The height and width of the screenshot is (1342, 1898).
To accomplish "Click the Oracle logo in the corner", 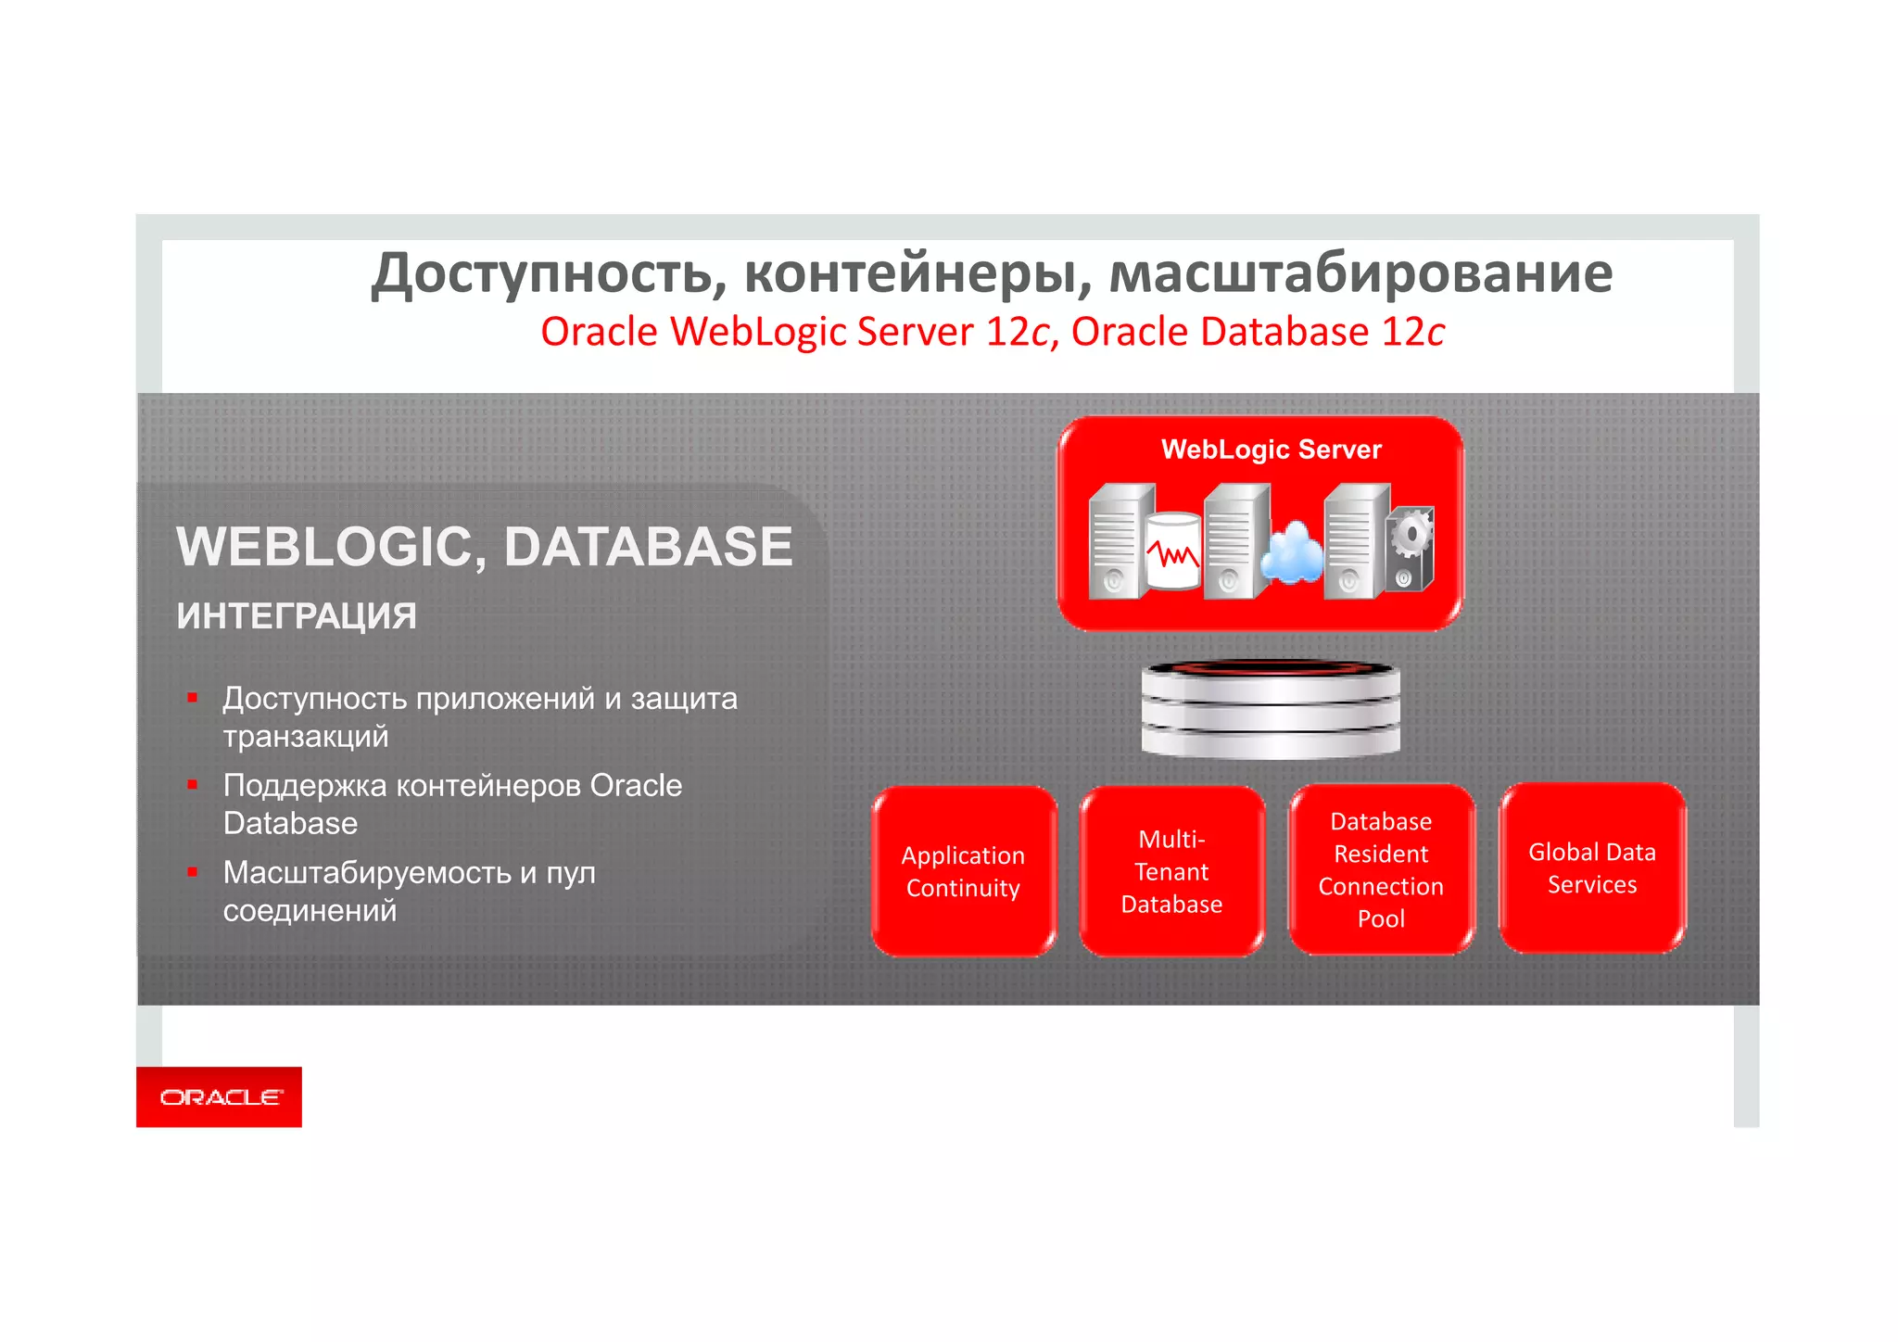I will (x=220, y=1097).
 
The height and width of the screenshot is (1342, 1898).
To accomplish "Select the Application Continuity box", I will (x=964, y=871).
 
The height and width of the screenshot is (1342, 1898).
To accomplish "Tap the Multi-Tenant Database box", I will (x=1171, y=871).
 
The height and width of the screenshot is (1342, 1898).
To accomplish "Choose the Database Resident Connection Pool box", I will (x=1381, y=869).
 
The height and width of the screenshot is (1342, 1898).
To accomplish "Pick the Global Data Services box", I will (x=1591, y=867).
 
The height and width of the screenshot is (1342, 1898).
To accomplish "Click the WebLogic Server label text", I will (x=1271, y=449).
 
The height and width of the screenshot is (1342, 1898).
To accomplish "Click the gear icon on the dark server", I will (x=1411, y=535).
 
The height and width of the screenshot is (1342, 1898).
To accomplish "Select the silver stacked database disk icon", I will (x=1271, y=709).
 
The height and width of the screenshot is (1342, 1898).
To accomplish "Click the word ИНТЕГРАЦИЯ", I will (x=297, y=616).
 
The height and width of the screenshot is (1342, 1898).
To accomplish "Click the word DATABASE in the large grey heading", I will (x=648, y=547).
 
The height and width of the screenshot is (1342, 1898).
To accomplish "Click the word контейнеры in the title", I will (x=917, y=273).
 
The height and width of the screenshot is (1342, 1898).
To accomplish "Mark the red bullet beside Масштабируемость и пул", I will (x=193, y=872).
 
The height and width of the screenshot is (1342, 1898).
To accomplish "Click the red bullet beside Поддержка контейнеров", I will (x=193, y=785).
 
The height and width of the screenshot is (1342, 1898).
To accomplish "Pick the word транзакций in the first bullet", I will (x=306, y=737).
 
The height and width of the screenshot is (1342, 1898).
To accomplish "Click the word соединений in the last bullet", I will (x=310, y=911).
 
